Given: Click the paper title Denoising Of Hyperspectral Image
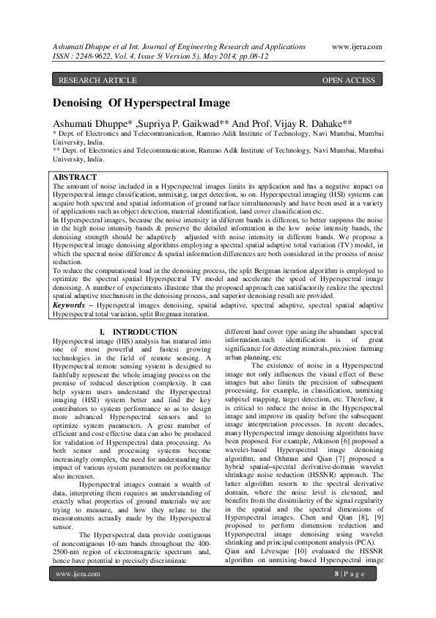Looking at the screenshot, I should pyautogui.click(x=141, y=103).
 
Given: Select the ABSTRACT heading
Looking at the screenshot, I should pyautogui.click(x=75, y=178).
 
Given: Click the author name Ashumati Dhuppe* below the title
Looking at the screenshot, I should pyautogui.click(x=92, y=123).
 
